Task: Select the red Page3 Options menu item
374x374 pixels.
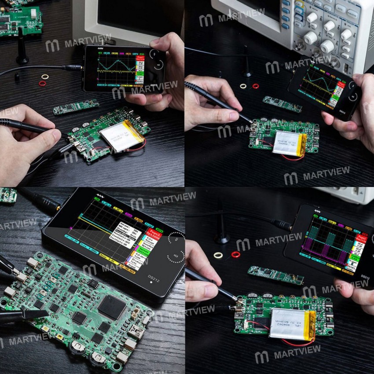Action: (x=153, y=232)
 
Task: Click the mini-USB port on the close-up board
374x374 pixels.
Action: (x=136, y=333)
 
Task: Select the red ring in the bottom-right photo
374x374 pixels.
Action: (x=236, y=254)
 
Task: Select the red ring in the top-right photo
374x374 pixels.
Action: (x=256, y=86)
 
